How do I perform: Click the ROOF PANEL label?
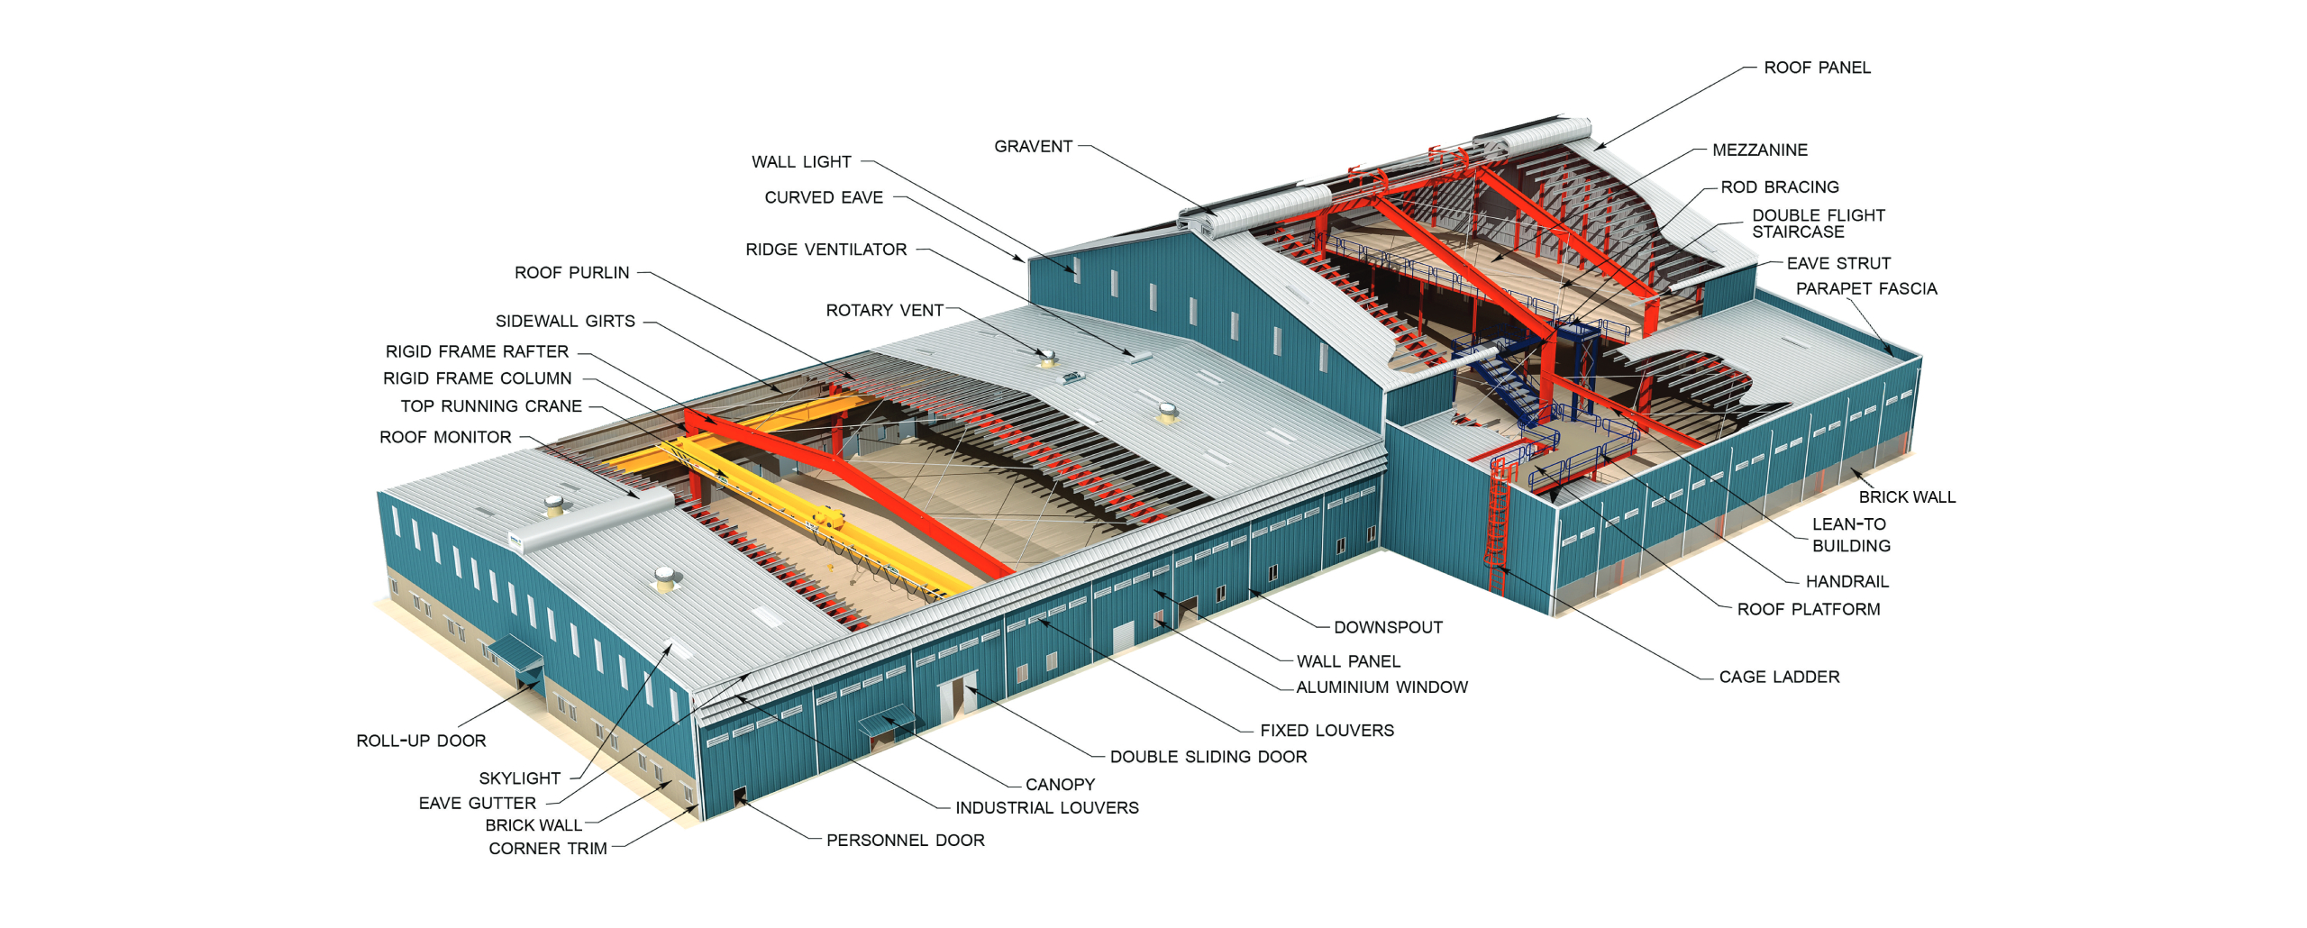click(1816, 68)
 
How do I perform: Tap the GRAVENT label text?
click(1033, 146)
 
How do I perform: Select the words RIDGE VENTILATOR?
click(825, 250)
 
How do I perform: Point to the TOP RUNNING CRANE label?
click(491, 406)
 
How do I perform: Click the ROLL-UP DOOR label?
click(421, 741)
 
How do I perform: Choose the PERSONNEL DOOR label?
click(905, 840)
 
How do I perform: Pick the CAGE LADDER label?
click(1779, 677)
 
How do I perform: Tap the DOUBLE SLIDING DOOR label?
click(1208, 757)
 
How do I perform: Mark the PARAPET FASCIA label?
click(1865, 288)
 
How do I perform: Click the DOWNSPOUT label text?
click(1388, 627)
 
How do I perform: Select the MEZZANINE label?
click(1759, 150)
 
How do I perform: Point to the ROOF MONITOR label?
click(445, 437)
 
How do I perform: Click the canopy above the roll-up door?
click(516, 651)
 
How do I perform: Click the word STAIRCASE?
click(1797, 232)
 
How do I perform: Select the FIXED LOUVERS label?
click(1327, 731)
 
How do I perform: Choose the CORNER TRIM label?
click(547, 849)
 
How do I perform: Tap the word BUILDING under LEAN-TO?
click(1851, 546)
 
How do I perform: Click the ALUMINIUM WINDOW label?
click(1381, 687)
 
